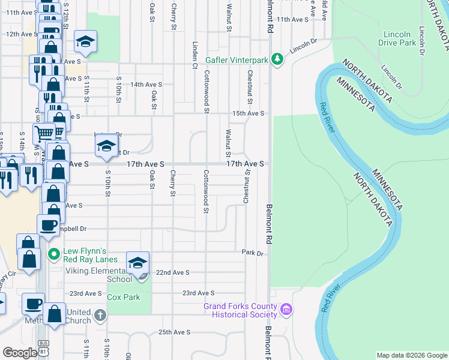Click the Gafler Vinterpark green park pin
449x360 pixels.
(277, 59)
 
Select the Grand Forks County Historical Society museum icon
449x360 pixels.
(287, 310)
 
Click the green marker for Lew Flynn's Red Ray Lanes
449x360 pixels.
(54, 254)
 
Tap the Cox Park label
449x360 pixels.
(123, 297)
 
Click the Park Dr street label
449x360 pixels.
(253, 253)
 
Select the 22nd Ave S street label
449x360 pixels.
(172, 272)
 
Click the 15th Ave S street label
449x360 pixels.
(249, 113)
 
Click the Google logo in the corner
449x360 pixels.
(19, 352)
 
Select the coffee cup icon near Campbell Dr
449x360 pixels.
(49, 225)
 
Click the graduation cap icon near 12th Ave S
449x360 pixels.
(86, 41)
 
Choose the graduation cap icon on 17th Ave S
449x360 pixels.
(106, 146)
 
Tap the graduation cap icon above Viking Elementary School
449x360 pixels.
(137, 263)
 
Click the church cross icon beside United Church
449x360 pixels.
(100, 315)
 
